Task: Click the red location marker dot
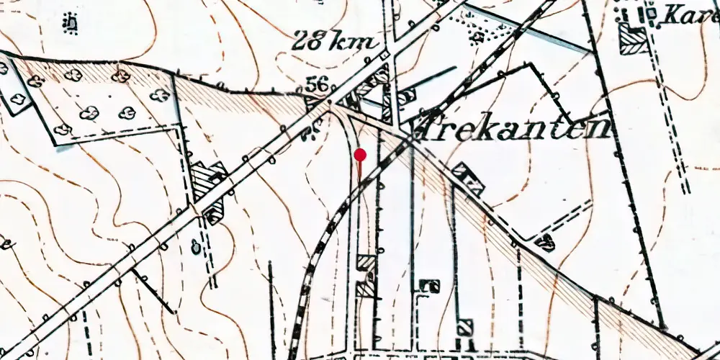(x=361, y=154)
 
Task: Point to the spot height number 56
(x=317, y=85)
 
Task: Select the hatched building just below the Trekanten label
(x=469, y=179)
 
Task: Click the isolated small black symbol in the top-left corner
(x=71, y=24)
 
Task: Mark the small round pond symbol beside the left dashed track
(x=194, y=248)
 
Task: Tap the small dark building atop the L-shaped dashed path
(x=433, y=286)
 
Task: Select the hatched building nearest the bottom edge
(x=464, y=328)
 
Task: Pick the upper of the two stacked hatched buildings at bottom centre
(x=366, y=263)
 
